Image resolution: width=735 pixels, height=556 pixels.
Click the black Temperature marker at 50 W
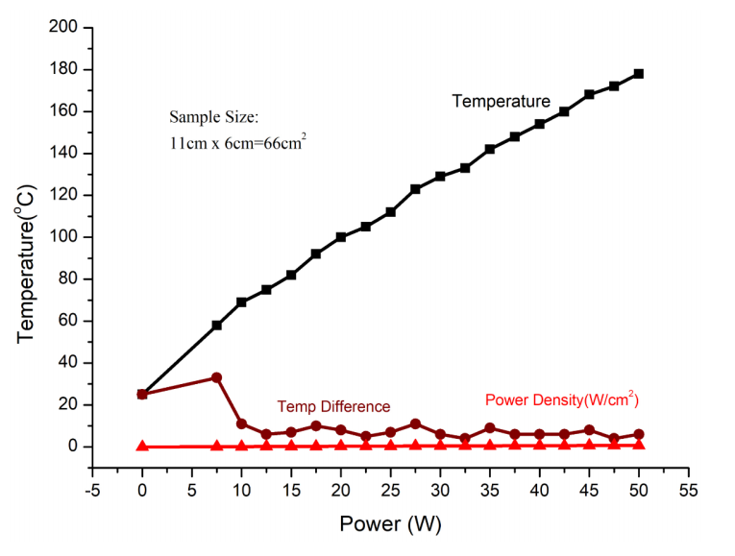tap(638, 74)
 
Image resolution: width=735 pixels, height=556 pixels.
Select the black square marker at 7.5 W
tap(217, 326)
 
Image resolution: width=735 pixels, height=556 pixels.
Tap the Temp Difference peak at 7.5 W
tap(217, 377)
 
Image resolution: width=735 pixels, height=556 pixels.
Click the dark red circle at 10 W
tap(241, 423)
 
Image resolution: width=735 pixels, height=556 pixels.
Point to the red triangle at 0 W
tap(142, 446)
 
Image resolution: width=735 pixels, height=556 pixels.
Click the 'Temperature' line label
tap(502, 101)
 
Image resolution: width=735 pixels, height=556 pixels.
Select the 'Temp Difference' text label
tap(333, 407)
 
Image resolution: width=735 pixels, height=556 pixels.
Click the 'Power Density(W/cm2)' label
tap(562, 399)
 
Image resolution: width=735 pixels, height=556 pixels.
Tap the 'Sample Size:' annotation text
tap(213, 117)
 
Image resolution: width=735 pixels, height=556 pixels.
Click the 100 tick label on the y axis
tap(62, 237)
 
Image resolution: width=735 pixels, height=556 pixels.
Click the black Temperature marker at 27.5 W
tap(415, 189)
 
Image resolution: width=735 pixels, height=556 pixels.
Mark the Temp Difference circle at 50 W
tap(638, 434)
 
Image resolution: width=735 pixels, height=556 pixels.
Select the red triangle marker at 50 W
tap(638, 445)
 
